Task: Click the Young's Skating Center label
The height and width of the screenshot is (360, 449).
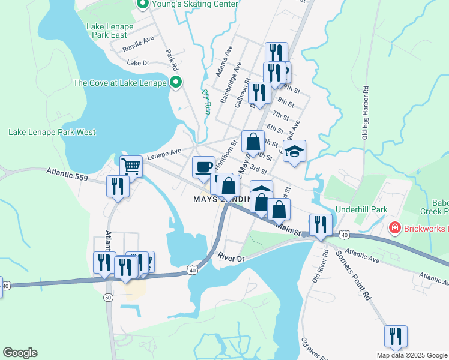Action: point(194,4)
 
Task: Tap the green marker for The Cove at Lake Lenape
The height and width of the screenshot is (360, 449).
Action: point(176,83)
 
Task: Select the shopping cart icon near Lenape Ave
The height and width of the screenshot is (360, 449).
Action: point(131,166)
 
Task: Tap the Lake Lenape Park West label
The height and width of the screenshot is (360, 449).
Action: point(52,132)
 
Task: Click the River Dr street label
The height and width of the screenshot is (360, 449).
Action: point(232,259)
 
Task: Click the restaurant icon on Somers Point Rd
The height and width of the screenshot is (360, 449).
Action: point(396,336)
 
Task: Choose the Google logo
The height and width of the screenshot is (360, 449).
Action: point(20,353)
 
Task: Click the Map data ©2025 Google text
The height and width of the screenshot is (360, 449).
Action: point(412,355)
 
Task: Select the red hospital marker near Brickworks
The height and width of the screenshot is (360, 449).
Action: point(394,227)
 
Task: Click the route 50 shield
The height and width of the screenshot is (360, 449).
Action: point(108,298)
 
